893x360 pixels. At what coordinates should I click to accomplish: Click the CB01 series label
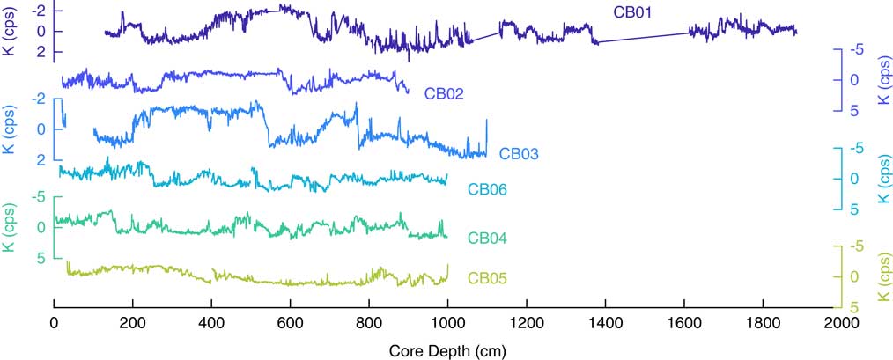(631, 11)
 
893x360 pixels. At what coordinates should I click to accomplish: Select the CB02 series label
(444, 92)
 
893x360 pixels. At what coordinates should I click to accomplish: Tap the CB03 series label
(519, 153)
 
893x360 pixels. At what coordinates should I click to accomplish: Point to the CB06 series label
(487, 189)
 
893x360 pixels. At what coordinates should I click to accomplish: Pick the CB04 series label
(487, 239)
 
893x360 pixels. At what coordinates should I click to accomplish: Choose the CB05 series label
(487, 280)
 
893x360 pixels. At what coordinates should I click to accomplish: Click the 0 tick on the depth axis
(55, 323)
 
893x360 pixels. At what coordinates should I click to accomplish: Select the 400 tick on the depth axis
(211, 323)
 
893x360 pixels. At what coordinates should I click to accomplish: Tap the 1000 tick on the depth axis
(447, 323)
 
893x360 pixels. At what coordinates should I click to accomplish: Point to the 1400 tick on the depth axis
(605, 323)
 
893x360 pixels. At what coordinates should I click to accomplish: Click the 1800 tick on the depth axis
(762, 323)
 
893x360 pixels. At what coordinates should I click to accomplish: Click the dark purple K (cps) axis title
(8, 29)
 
